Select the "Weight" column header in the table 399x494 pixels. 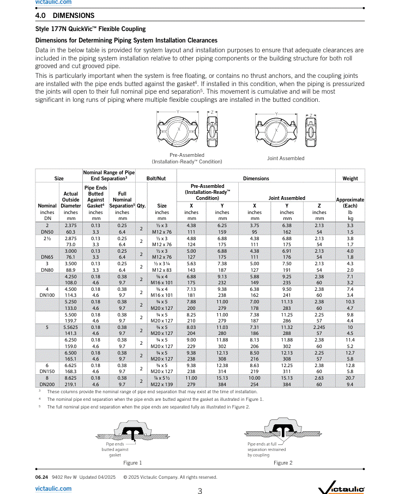point(350,178)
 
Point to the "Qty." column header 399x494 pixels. point(141,206)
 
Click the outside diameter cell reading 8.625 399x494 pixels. point(71,378)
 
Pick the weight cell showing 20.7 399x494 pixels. point(350,378)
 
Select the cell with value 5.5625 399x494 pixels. point(71,327)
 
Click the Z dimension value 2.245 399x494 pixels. point(319,327)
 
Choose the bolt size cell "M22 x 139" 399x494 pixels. point(162,385)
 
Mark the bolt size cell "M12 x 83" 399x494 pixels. point(162,270)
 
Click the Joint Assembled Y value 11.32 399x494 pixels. point(287,327)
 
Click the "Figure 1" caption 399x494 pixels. point(132,463)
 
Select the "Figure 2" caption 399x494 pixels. point(282,463)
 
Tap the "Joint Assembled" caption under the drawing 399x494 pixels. point(286,158)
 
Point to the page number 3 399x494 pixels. point(199,491)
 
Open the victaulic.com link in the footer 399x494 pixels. point(53,489)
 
